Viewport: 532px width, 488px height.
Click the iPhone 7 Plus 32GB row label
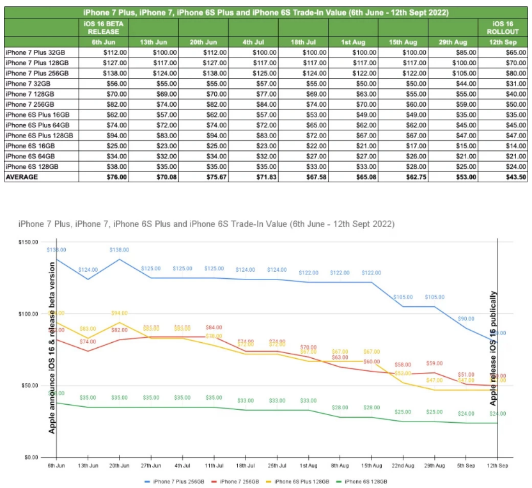point(30,52)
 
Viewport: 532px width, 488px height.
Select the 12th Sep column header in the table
point(502,42)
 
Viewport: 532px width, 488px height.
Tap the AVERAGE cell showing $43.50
point(502,177)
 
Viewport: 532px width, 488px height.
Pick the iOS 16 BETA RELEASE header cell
point(104,28)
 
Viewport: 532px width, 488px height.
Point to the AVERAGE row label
point(22,177)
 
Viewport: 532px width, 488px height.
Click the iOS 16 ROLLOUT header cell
point(502,28)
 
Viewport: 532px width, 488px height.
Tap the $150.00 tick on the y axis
point(29,242)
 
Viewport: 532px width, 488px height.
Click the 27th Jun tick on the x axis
point(150,465)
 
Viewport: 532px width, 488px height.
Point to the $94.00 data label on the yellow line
point(120,313)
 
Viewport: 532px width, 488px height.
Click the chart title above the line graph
point(206,224)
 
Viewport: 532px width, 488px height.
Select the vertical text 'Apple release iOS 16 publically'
point(494,349)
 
